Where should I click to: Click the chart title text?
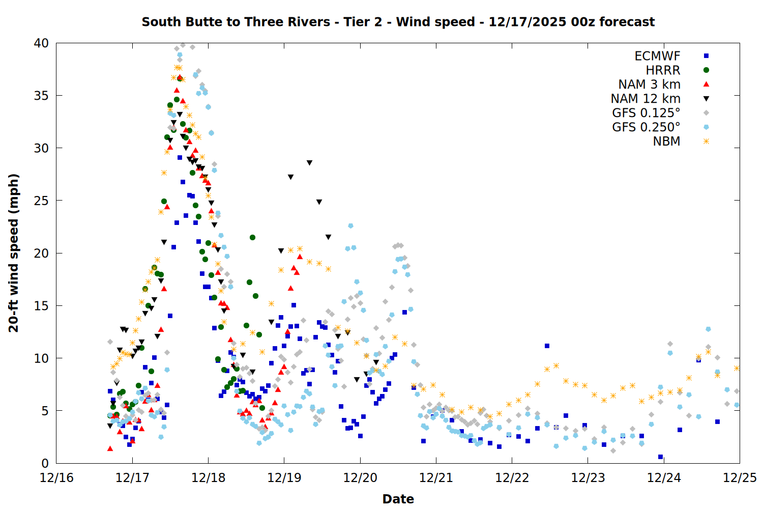398,22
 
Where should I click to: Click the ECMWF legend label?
657,56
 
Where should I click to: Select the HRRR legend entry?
663,70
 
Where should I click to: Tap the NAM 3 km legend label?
649,84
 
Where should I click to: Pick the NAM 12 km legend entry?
645,99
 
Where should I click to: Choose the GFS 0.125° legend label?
646,113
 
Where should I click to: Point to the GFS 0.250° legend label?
646,127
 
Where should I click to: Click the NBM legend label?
666,142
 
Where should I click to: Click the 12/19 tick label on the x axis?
284,478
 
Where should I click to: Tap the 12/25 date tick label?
740,478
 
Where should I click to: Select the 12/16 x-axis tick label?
56,478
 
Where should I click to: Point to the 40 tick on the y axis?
42,43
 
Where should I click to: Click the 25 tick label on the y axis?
42,201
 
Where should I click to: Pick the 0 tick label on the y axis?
45,463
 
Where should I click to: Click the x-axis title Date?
398,499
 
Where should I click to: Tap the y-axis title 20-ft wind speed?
14,253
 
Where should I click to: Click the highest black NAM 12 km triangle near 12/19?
309,163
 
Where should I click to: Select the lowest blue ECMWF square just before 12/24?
660,457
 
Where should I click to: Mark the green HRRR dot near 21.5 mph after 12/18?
252,237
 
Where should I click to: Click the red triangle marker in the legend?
706,84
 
